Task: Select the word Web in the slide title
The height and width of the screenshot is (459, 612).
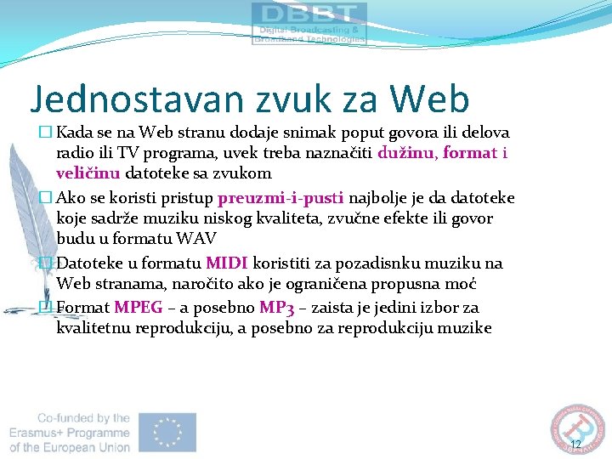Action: (431, 99)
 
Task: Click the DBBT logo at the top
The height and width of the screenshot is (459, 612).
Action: (309, 24)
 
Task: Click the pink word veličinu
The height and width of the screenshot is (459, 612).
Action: (88, 173)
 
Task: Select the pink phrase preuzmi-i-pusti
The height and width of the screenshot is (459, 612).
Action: (280, 198)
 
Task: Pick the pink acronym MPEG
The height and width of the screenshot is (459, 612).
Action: (138, 308)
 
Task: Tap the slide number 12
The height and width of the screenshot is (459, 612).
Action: (575, 445)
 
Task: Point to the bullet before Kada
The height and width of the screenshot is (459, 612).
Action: (45, 133)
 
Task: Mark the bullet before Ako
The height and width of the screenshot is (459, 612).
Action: (45, 198)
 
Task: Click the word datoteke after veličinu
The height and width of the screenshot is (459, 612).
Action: (156, 173)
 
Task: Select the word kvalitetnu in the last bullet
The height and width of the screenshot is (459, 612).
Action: (93, 328)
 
